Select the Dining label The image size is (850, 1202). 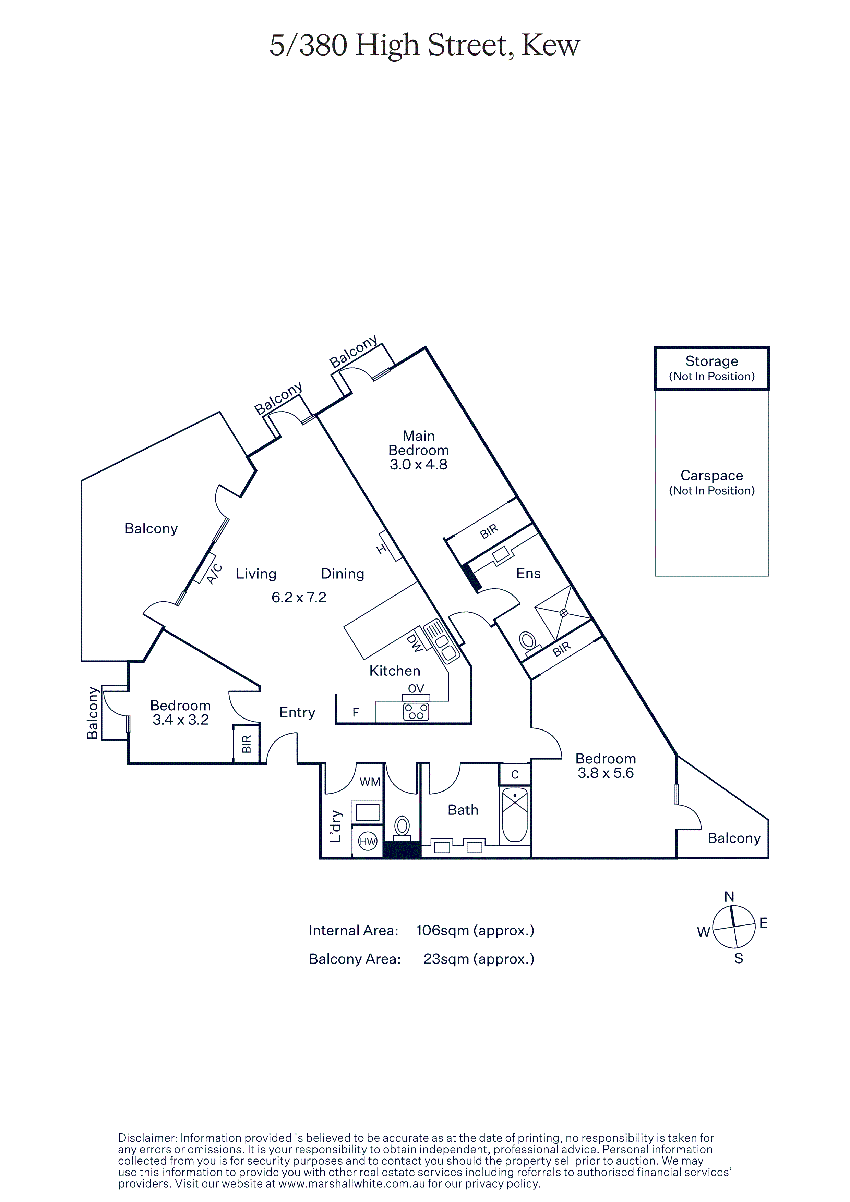[x=343, y=574]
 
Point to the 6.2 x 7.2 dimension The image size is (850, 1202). [x=299, y=597]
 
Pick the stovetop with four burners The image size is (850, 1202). [x=416, y=711]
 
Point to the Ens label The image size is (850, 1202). [x=528, y=573]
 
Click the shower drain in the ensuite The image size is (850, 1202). [x=564, y=613]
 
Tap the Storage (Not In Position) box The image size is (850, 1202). [x=712, y=368]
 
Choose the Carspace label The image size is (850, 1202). [x=712, y=475]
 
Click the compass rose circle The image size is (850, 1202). [x=734, y=927]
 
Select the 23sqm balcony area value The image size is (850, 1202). [x=479, y=959]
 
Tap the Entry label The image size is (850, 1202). [x=297, y=712]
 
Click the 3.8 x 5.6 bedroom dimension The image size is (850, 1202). [x=606, y=773]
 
